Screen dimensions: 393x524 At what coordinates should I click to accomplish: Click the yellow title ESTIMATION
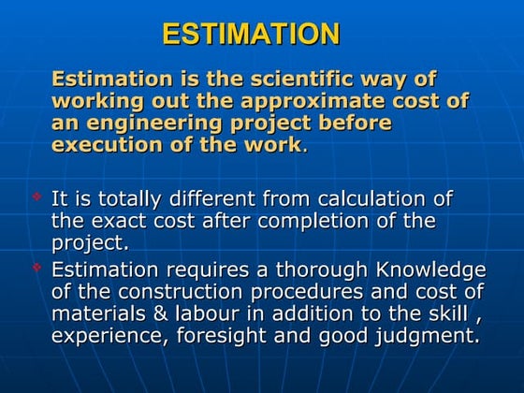(250, 35)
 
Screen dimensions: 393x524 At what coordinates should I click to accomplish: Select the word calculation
(373, 198)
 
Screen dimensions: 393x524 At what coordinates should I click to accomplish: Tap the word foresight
(234, 335)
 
